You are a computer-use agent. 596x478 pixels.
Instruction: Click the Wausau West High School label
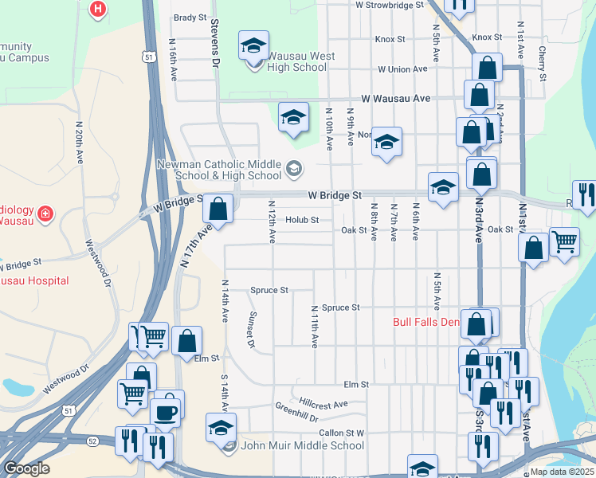296,62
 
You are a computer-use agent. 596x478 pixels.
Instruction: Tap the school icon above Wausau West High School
253,47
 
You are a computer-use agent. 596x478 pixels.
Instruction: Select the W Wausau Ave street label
395,99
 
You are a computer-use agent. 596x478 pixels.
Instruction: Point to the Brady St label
190,17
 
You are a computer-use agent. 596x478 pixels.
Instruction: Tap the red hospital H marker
98,10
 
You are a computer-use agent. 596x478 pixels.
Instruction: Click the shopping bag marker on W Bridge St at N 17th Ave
218,210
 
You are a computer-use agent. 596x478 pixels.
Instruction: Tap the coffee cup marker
166,413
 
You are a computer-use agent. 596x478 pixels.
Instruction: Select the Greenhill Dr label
296,417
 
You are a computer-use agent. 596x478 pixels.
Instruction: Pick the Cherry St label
542,64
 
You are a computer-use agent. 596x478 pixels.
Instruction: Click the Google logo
26,468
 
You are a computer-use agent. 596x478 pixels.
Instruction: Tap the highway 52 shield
92,441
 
